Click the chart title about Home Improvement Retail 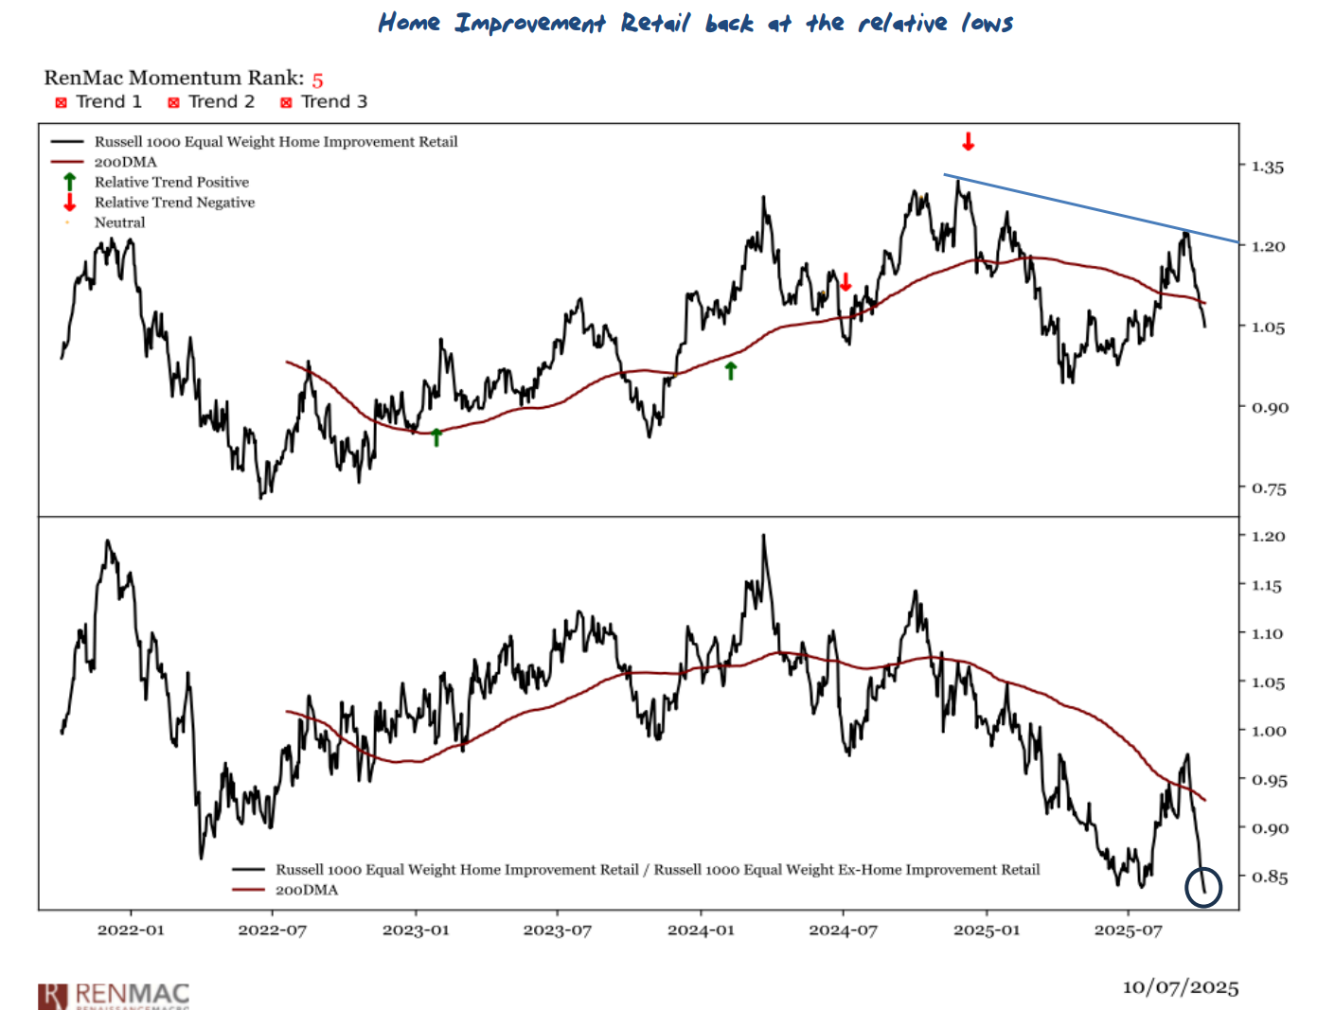[695, 23]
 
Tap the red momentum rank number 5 [317, 80]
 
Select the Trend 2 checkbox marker [173, 102]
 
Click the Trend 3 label [333, 101]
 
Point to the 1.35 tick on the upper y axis [1267, 168]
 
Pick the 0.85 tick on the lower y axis [1269, 877]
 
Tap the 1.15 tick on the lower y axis [1267, 586]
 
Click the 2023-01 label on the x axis [416, 930]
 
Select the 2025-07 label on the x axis [1128, 930]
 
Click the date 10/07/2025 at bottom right [1180, 987]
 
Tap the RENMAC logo [115, 995]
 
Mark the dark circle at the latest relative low [1203, 887]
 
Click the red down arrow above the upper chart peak [968, 142]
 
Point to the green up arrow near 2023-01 [436, 436]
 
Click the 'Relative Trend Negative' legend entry [174, 203]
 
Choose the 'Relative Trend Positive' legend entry [171, 182]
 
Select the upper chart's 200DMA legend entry [125, 162]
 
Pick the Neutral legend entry [119, 222]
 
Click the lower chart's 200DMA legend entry [306, 890]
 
